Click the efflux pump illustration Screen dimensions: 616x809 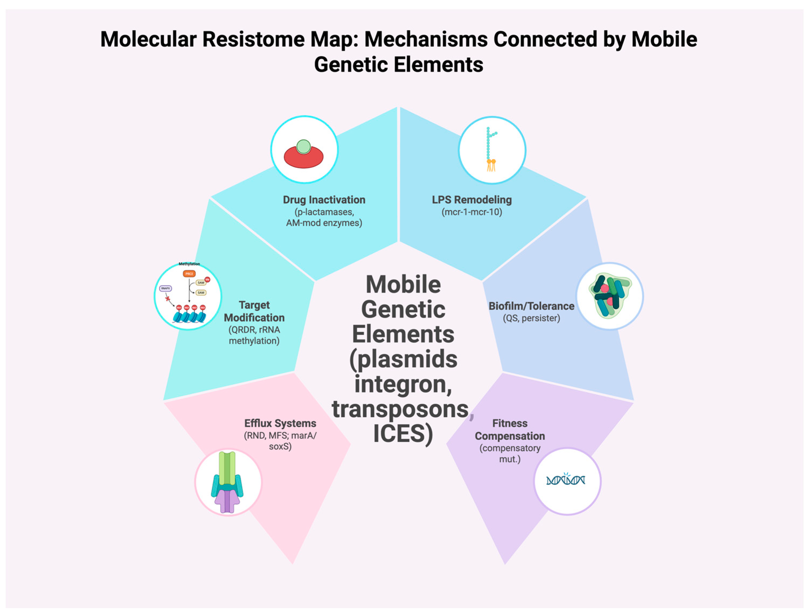point(227,482)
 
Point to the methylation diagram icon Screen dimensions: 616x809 point(188,296)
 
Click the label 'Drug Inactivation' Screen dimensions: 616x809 point(324,200)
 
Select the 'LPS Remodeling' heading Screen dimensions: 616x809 point(472,200)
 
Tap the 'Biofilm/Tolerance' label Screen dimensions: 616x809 point(531,306)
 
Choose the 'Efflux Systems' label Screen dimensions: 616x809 point(280,423)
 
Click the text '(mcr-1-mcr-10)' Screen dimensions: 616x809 point(472,212)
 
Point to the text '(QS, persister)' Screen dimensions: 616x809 point(531,318)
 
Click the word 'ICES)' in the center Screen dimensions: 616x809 point(403,433)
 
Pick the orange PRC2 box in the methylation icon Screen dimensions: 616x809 point(189,274)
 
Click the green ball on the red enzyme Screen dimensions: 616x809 point(304,147)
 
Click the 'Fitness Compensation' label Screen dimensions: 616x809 point(509,429)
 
